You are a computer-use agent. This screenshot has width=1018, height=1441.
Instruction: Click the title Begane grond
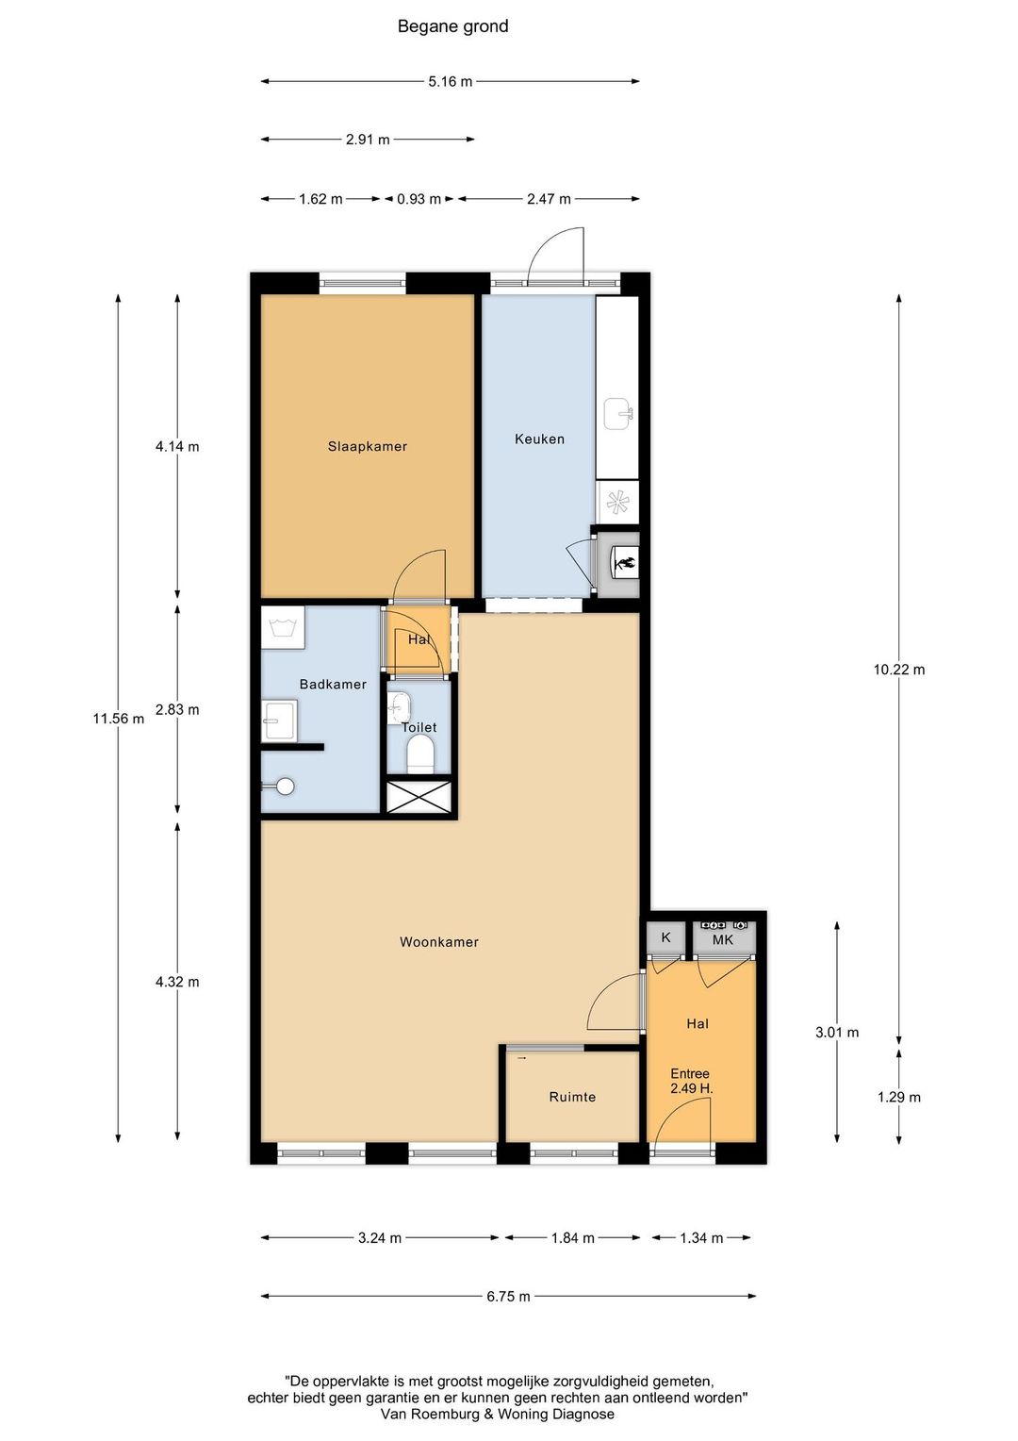[452, 26]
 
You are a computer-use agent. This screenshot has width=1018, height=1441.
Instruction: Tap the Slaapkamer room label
[368, 446]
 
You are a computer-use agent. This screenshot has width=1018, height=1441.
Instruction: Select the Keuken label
[539, 439]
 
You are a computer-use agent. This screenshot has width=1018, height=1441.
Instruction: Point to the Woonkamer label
[439, 942]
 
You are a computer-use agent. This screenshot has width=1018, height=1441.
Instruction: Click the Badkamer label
[333, 684]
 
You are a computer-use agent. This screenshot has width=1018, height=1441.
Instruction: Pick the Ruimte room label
[572, 1097]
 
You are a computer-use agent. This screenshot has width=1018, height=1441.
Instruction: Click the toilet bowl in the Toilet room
[421, 754]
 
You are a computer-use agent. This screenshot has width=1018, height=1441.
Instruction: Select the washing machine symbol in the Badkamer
[283, 628]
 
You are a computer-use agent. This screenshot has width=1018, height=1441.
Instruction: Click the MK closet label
[723, 940]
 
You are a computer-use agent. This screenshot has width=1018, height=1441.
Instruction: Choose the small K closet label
[665, 937]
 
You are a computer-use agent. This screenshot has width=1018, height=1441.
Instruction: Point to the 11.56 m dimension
[119, 719]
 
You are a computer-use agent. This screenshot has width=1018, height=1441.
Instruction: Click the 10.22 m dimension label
[899, 669]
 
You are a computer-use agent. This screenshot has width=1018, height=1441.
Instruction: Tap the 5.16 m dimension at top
[451, 82]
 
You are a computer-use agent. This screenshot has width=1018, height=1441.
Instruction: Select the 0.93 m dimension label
[419, 199]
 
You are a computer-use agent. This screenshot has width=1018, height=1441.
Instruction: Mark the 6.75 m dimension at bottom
[508, 1297]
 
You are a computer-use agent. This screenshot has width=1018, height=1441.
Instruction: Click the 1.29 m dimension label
[899, 1097]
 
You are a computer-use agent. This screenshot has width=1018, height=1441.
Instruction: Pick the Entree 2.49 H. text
[691, 1081]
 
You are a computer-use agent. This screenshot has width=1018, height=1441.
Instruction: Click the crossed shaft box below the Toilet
[418, 796]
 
